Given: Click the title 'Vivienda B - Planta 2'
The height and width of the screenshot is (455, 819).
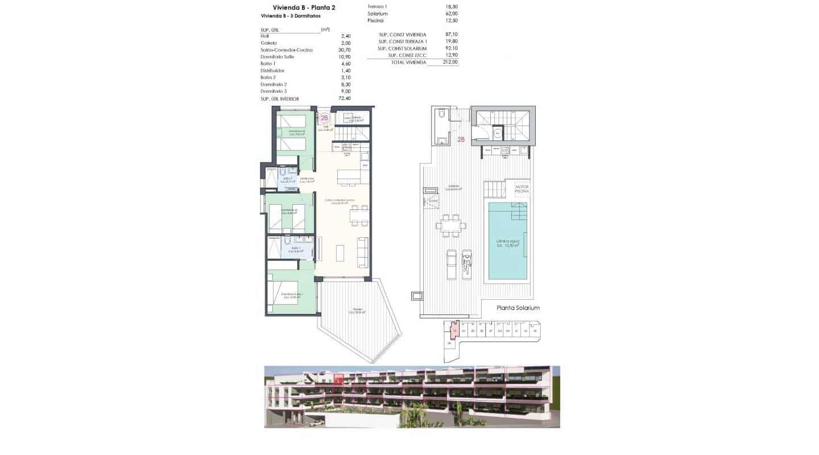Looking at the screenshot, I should click(x=288, y=7).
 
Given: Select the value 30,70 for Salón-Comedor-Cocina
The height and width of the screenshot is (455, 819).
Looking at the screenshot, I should click(x=345, y=50).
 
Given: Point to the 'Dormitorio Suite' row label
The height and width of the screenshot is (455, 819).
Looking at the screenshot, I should click(x=278, y=57).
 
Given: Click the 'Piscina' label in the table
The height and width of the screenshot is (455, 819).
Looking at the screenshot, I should click(x=375, y=20).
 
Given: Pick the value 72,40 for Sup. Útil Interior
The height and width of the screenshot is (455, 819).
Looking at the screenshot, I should click(x=345, y=98).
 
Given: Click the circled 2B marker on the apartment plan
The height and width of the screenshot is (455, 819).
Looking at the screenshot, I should click(x=324, y=118).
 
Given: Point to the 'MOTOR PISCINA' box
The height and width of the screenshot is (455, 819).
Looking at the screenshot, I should click(x=522, y=189).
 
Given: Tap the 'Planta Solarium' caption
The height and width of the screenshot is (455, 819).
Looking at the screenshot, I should click(x=518, y=308).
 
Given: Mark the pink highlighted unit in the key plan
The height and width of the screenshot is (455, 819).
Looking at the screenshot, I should click(x=454, y=330).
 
